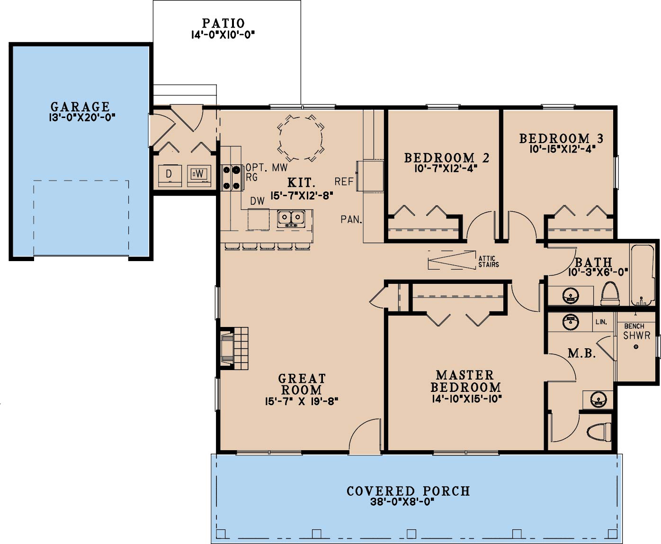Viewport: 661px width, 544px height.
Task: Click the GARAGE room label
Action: click(80, 107)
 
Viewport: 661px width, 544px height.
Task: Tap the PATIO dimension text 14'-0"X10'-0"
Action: click(223, 35)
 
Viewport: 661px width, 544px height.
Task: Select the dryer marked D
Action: click(170, 176)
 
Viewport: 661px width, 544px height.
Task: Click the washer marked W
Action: click(199, 175)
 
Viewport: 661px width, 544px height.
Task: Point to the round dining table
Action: click(301, 138)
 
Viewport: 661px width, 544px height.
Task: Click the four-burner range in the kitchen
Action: click(232, 178)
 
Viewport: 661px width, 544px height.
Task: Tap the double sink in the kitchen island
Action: click(291, 218)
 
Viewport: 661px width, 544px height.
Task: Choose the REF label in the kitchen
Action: click(344, 181)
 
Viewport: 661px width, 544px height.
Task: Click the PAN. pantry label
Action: click(351, 219)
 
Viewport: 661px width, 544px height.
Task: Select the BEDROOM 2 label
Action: click(447, 158)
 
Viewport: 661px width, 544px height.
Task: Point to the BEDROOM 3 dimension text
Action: click(562, 149)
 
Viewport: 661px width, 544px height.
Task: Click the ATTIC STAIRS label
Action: click(489, 262)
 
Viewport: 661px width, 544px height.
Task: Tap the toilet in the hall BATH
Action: click(609, 294)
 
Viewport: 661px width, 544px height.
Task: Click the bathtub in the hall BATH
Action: click(643, 275)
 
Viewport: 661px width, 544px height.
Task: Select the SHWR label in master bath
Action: click(636, 335)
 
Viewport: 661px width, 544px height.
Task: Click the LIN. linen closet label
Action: click(601, 322)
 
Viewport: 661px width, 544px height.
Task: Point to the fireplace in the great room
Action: click(234, 348)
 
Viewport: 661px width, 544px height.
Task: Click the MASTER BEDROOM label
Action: click(465, 381)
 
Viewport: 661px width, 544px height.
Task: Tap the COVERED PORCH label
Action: click(408, 491)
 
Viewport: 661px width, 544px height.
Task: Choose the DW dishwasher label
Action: click(257, 201)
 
